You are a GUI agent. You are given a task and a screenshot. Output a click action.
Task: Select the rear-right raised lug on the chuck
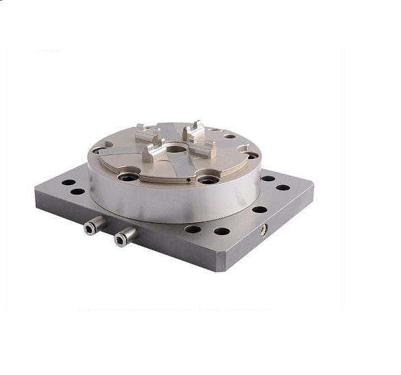[196, 128]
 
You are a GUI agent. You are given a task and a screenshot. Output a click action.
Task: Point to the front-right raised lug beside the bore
[206, 147]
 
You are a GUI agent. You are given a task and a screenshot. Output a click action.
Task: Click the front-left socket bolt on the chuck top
[127, 176]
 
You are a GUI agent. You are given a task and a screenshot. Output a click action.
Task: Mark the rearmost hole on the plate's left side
[69, 183]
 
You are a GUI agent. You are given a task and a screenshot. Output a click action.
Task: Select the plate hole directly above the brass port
[260, 210]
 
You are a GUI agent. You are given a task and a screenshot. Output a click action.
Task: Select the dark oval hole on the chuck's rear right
[230, 136]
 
